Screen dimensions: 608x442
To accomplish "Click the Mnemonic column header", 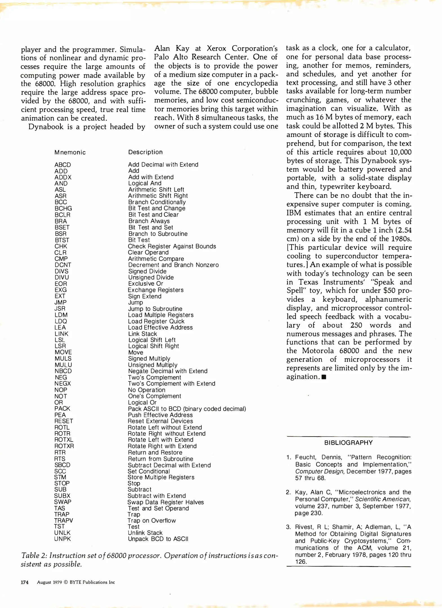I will pyautogui.click(x=70, y=153).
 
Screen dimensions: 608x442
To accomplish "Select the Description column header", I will pyautogui.click(x=145, y=152).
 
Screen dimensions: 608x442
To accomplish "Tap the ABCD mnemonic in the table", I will pyautogui.click(x=63, y=165).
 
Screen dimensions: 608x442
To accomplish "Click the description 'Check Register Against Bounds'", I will pyautogui.click(x=172, y=246).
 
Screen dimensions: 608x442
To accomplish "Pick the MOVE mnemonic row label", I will pyautogui.click(x=63, y=352).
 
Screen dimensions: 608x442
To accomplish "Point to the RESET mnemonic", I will pyautogui.click(x=64, y=421).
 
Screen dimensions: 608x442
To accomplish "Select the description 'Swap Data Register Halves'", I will pyautogui.click(x=165, y=502).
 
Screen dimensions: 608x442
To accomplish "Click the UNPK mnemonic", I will pyautogui.click(x=62, y=539).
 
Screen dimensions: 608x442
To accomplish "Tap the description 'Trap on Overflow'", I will pyautogui.click(x=152, y=520).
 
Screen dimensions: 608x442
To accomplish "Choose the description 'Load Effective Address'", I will pyautogui.click(x=160, y=327).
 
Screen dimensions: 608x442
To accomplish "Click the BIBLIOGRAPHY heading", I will pyautogui.click(x=348, y=443).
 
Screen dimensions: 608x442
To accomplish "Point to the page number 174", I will pyautogui.click(x=25, y=582).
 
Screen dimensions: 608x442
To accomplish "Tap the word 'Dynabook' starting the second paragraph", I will pyautogui.click(x=46, y=127).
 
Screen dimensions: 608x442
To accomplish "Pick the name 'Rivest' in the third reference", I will pyautogui.click(x=304, y=527).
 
